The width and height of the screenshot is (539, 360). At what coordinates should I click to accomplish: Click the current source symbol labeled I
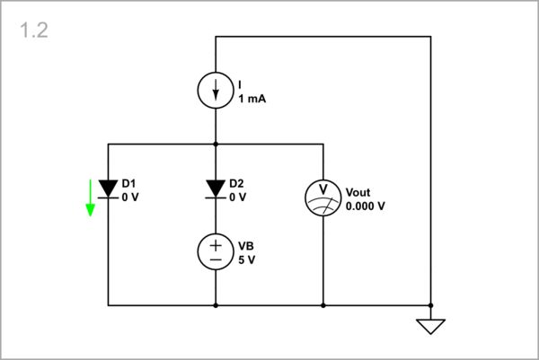point(216,90)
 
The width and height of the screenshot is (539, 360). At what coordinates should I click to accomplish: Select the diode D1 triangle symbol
point(109,188)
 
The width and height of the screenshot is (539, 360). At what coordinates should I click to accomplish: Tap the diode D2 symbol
point(216,188)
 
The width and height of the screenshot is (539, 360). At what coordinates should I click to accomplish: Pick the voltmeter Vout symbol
point(323,198)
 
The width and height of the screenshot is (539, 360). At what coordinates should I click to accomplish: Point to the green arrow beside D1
point(90,198)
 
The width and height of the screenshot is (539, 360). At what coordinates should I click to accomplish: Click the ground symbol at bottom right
point(431,325)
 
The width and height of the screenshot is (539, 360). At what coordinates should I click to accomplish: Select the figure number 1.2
point(33,31)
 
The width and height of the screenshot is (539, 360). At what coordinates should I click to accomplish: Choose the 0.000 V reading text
point(365,206)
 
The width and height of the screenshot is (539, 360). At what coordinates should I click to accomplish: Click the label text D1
point(129,183)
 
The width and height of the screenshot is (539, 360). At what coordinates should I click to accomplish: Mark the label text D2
point(237,183)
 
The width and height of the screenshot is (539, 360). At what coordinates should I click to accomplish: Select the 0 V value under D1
point(130,197)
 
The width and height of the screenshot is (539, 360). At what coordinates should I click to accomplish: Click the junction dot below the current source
point(216,144)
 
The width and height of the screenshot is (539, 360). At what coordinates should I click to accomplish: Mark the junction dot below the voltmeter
point(323,305)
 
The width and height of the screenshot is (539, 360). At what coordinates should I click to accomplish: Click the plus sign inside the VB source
point(216,243)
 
